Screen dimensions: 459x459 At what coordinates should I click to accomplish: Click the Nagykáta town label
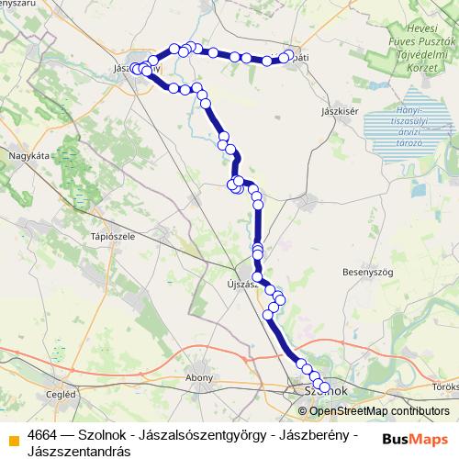[28, 156]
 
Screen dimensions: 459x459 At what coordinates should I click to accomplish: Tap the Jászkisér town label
[338, 111]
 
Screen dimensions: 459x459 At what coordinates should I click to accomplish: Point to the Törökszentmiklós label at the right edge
[446, 387]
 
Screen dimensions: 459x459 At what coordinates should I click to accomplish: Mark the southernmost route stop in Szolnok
[323, 386]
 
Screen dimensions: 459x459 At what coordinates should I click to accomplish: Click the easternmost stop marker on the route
[288, 57]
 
